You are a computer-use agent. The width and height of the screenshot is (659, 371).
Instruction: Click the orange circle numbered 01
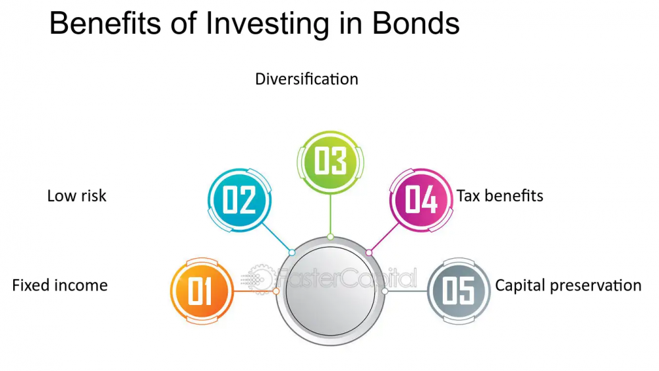point(202,291)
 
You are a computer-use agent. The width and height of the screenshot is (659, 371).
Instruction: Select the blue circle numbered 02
point(239,199)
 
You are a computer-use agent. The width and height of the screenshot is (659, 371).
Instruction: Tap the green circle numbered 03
point(329,162)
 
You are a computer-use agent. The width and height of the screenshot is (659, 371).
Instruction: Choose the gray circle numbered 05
point(459,291)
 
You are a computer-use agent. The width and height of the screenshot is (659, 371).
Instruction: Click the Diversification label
point(306,79)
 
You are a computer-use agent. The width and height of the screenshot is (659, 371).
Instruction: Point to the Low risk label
point(76,196)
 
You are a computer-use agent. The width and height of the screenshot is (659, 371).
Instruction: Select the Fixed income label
point(60,286)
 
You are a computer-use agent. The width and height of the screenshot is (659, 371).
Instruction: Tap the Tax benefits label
point(500,196)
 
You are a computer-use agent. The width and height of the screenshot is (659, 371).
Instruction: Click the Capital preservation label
point(568,286)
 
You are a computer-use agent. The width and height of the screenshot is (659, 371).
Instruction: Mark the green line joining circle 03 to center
point(329,215)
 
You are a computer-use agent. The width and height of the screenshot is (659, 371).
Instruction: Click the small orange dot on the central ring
point(276,291)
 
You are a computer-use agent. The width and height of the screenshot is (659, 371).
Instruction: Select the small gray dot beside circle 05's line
point(385,291)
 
